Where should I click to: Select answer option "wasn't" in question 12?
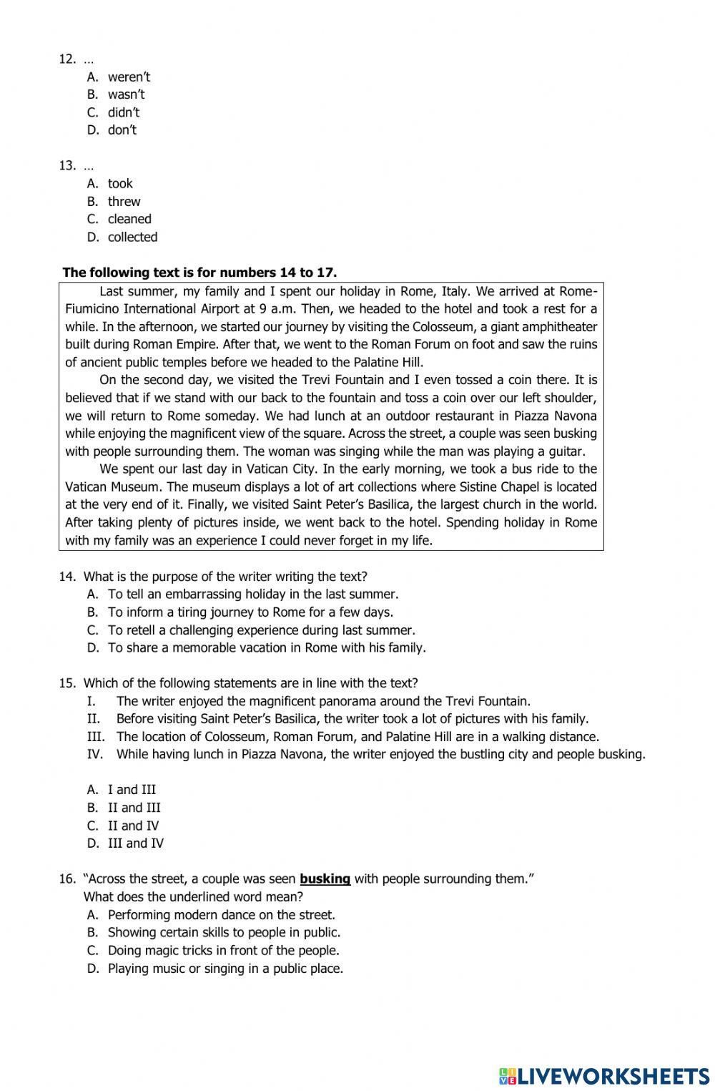(126, 94)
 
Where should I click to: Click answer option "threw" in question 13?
(124, 202)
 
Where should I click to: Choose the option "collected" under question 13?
(132, 237)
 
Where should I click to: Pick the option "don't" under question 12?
(122, 130)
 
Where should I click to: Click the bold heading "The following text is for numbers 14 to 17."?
(199, 273)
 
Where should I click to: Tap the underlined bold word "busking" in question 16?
(325, 879)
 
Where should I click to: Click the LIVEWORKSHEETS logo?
(604, 1075)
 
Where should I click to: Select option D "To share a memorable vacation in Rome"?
(266, 648)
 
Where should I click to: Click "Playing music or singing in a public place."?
(225, 969)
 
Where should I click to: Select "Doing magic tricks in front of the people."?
(223, 951)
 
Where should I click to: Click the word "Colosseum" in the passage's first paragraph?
(443, 327)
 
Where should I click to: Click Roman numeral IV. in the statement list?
(95, 754)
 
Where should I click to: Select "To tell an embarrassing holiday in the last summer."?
(252, 595)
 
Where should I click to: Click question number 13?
(67, 166)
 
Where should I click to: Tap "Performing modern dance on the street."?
(221, 915)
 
